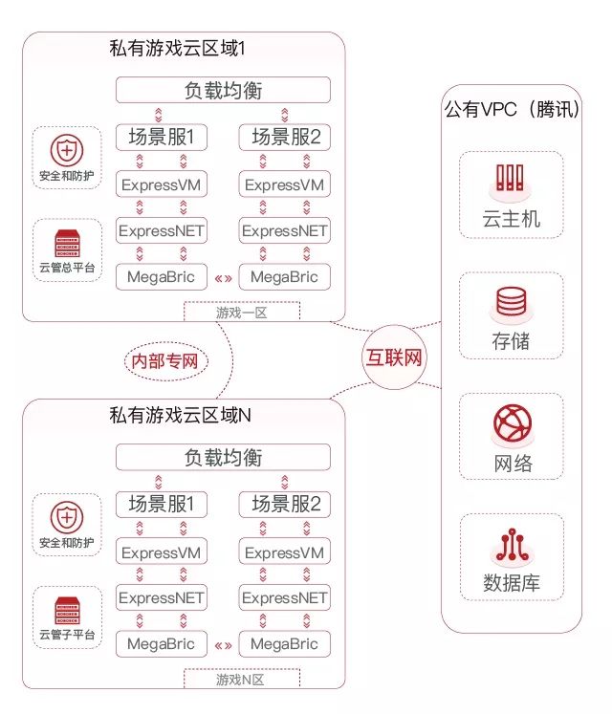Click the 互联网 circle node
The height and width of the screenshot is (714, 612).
(x=393, y=358)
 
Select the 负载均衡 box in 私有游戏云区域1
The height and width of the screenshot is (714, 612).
(x=223, y=91)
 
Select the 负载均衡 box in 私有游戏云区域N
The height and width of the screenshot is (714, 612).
(x=223, y=457)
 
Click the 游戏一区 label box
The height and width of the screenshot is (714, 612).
(x=241, y=310)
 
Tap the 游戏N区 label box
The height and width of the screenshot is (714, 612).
(x=241, y=679)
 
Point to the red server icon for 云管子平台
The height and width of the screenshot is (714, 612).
(x=66, y=609)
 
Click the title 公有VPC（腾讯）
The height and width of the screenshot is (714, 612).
(x=513, y=110)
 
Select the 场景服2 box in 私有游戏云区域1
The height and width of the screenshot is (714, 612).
(x=284, y=138)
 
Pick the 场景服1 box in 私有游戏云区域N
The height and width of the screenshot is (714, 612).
(x=162, y=504)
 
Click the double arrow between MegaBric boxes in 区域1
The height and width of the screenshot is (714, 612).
(x=223, y=278)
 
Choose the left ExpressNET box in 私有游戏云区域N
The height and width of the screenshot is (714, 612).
(x=162, y=597)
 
